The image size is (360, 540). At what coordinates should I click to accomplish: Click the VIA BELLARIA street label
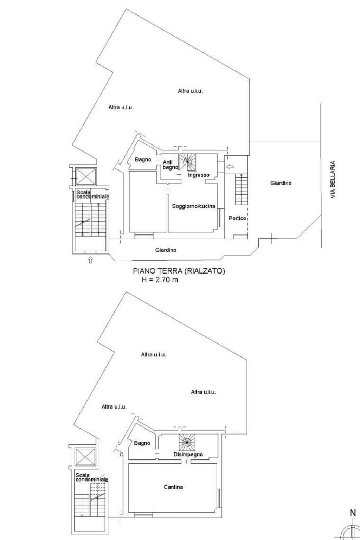333,180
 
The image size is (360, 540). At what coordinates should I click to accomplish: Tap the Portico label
237,218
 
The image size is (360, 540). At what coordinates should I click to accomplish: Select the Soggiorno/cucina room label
193,206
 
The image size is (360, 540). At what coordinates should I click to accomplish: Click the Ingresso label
198,175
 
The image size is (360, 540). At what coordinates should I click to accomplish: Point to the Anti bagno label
170,165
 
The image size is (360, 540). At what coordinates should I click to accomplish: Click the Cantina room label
173,487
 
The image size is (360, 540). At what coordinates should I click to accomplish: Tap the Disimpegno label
188,454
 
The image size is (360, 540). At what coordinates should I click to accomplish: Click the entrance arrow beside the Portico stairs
230,166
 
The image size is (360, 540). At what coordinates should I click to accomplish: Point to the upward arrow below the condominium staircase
90,260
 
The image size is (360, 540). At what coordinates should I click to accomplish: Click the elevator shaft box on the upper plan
86,176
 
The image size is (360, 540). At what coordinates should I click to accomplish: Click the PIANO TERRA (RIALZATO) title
179,271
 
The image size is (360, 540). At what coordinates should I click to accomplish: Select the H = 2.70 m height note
160,280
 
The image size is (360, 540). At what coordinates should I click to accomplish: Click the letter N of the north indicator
353,513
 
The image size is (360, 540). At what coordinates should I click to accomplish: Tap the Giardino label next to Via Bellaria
281,183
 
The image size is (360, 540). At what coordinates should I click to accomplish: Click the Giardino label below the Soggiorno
166,250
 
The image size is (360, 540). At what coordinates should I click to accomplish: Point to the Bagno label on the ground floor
143,159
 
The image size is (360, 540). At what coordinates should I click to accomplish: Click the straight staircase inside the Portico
242,189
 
